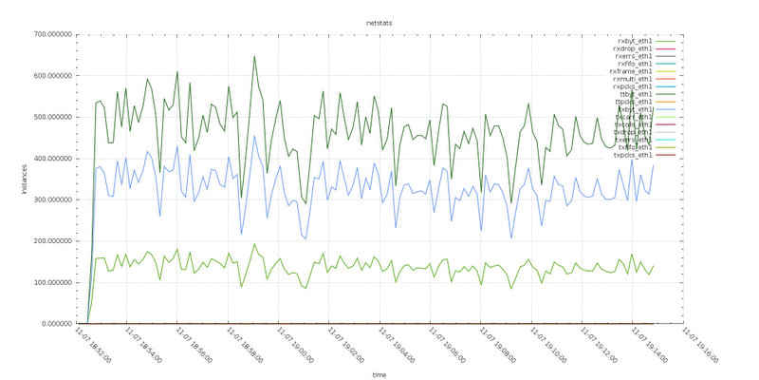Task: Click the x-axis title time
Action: (379, 374)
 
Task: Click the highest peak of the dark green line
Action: (254, 56)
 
